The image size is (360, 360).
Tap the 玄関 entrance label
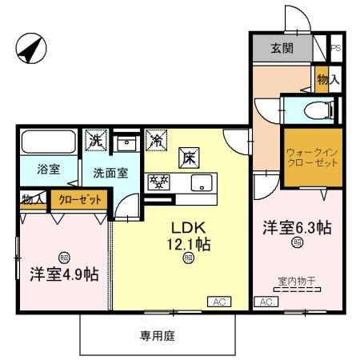282,49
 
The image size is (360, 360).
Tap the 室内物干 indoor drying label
297,281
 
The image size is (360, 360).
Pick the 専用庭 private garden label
158,335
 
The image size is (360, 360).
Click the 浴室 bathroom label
48,169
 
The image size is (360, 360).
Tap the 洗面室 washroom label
106,172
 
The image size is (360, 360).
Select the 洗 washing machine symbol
96,140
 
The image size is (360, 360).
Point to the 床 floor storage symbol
188,157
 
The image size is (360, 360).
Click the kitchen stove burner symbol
157,182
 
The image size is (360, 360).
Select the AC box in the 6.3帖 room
265,302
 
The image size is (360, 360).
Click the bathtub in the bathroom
46,142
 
